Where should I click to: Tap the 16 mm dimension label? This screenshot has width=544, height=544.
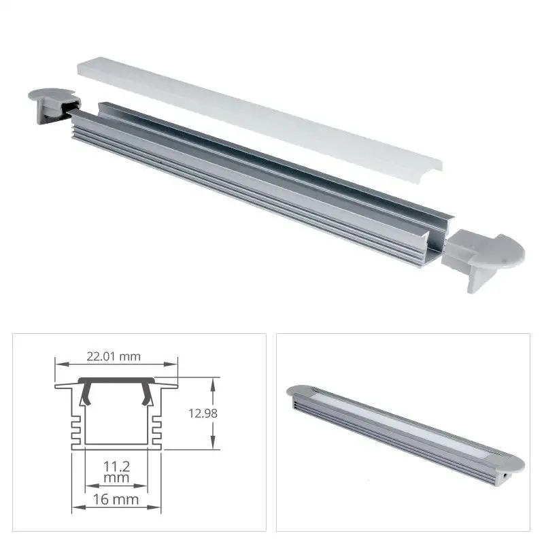pos(115,500)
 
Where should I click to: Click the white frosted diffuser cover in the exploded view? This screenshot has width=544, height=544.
pos(258,112)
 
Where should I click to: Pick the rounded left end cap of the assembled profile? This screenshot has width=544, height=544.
pos(301,392)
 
